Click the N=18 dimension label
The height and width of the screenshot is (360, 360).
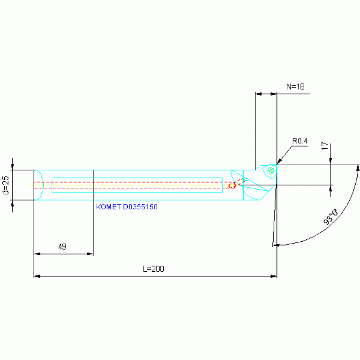(x=295, y=86)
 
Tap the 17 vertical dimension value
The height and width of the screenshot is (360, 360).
(x=324, y=147)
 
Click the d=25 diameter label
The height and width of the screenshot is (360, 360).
(x=6, y=185)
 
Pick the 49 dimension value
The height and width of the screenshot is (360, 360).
(x=62, y=246)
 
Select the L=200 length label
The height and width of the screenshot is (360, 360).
(x=153, y=269)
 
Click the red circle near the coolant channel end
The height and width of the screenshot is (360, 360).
(x=231, y=186)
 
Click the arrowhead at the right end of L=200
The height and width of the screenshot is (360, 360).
(x=274, y=276)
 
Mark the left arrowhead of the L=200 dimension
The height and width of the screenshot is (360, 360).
(x=37, y=276)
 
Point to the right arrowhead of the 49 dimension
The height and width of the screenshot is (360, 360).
(x=90, y=254)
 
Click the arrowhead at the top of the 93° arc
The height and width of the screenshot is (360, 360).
(x=359, y=168)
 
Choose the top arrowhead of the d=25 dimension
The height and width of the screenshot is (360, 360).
(x=13, y=168)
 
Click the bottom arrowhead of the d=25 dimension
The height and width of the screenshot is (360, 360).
(x=13, y=202)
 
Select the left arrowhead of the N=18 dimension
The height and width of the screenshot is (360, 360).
(x=258, y=94)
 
